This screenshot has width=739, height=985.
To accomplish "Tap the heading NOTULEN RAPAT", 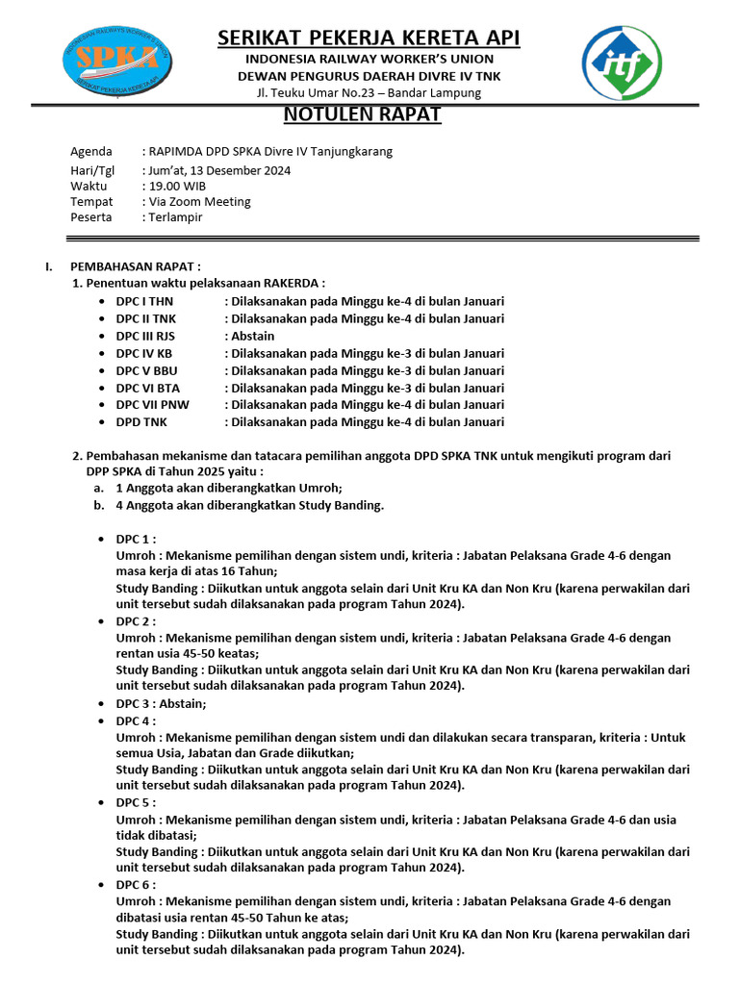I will click(362, 115).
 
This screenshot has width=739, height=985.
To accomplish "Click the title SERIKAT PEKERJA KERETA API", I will click(369, 38).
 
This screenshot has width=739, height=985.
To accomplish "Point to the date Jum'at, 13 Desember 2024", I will click(218, 170).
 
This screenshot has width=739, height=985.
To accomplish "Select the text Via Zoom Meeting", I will click(199, 202).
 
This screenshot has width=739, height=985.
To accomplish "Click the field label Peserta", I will click(91, 217).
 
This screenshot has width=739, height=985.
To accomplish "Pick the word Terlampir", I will click(176, 217).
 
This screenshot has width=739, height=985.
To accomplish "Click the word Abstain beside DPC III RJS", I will click(252, 336).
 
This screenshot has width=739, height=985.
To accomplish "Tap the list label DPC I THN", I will click(146, 301).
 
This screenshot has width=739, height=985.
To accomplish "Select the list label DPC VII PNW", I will click(153, 405).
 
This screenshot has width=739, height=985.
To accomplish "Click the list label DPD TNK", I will click(144, 422).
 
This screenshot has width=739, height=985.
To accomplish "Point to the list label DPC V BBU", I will click(147, 370).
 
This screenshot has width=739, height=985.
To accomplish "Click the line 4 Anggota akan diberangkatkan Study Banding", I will click(249, 505).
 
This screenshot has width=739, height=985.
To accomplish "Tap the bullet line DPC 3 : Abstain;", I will click(161, 703).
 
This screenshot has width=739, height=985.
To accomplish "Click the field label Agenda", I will click(91, 152).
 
